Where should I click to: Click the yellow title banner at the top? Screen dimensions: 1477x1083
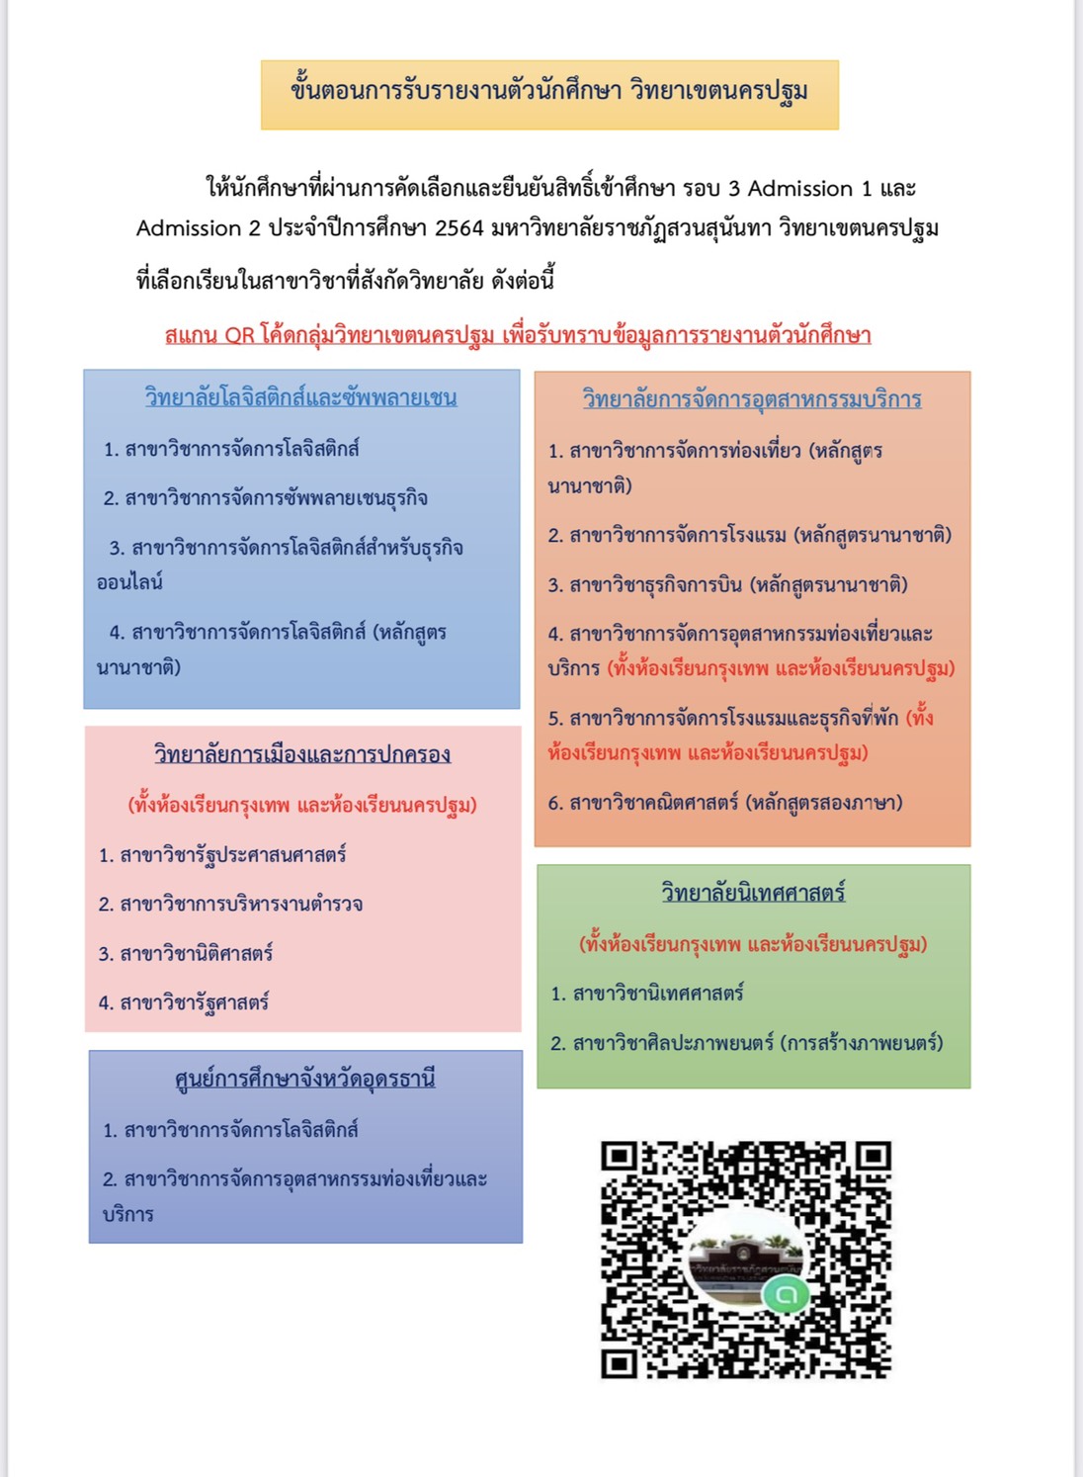[x=549, y=94]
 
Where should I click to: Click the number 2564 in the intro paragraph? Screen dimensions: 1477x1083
[x=459, y=228]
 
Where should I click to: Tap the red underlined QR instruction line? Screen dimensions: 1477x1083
[x=518, y=335]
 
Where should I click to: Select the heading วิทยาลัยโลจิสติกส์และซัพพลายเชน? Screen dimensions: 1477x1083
[x=300, y=397]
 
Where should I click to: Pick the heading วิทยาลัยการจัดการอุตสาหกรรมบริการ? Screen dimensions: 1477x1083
[x=751, y=399]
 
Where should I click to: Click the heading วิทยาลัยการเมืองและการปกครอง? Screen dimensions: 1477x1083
[x=301, y=754]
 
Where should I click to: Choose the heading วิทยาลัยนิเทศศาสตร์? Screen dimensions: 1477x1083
[x=753, y=893]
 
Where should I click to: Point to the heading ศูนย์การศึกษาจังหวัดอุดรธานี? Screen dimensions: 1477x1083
[x=304, y=1079]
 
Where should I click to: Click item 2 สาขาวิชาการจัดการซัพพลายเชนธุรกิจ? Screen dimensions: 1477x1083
[x=265, y=498]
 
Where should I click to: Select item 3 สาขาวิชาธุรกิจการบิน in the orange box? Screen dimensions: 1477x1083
[x=727, y=585]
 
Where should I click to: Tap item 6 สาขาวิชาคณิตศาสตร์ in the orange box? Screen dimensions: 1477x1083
[x=725, y=803]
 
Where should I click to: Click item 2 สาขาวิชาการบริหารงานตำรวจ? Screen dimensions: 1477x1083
[x=230, y=904]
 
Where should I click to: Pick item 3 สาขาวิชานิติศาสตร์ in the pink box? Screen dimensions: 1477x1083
[x=186, y=953]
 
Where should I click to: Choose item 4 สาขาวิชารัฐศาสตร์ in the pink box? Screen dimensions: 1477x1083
[x=184, y=1002]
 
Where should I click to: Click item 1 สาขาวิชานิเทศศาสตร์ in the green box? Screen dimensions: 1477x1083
[x=647, y=993]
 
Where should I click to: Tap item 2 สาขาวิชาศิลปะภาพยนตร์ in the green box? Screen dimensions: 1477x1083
[x=746, y=1043]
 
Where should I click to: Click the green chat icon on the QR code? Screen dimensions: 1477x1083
[x=787, y=1292]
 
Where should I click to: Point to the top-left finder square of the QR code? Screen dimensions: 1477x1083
[x=619, y=1158]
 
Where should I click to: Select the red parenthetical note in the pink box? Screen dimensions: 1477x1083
[x=302, y=805]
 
